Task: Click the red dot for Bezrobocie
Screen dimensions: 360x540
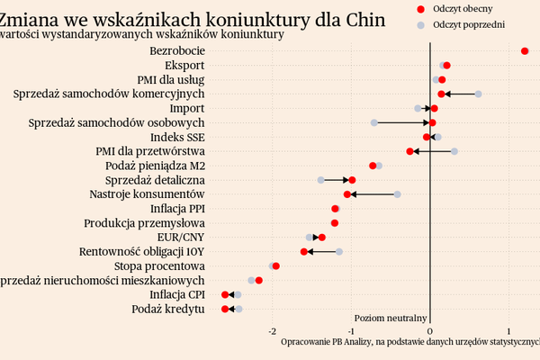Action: (525, 51)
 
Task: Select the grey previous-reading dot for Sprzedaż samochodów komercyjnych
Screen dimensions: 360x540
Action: (478, 94)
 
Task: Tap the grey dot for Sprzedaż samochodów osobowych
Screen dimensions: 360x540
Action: (373, 122)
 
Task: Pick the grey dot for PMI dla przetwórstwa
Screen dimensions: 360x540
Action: (454, 151)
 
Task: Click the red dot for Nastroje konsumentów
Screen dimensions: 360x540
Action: (347, 194)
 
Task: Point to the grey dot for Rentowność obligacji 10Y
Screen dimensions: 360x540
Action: (339, 252)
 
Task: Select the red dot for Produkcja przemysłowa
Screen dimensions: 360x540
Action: (335, 223)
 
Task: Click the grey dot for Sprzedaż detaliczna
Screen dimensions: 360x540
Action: (320, 180)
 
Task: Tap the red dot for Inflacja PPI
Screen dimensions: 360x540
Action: (335, 209)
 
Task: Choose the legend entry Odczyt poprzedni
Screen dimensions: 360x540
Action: (468, 24)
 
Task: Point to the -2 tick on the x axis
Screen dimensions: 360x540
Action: (273, 331)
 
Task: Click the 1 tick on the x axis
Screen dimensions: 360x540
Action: (509, 331)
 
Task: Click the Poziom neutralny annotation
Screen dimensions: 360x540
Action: (391, 318)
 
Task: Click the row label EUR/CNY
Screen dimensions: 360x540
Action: (182, 238)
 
